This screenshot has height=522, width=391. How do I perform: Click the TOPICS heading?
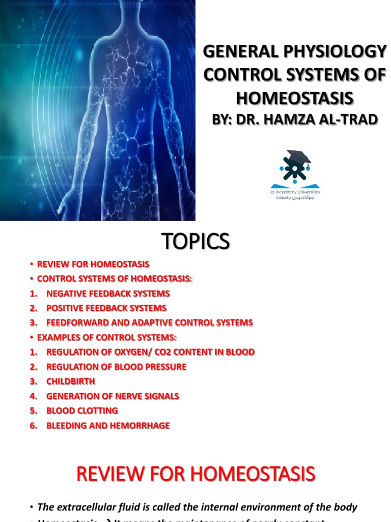tap(195, 241)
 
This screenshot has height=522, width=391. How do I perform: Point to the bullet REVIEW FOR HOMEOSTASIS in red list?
tap(93, 264)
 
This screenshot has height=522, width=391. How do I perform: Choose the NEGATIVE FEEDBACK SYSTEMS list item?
tap(108, 294)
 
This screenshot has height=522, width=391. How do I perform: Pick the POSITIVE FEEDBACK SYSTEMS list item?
tap(106, 308)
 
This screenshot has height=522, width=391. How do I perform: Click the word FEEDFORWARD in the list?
tap(76, 323)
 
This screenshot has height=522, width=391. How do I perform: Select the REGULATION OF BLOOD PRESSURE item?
tap(116, 367)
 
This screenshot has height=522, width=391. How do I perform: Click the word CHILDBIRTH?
tap(71, 381)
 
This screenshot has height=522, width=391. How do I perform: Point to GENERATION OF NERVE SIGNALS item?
tap(113, 396)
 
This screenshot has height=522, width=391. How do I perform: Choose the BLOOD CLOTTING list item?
tap(82, 410)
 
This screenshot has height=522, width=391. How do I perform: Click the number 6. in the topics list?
tap(34, 425)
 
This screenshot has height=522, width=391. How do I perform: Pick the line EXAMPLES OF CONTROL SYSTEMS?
tap(106, 337)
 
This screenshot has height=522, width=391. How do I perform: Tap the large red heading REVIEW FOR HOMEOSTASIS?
tap(195, 474)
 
